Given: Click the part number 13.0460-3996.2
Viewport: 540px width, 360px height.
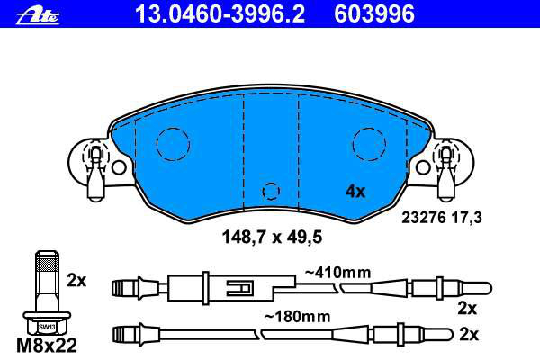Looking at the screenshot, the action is point(220,14).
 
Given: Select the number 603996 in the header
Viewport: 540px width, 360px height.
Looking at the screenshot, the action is point(374,14).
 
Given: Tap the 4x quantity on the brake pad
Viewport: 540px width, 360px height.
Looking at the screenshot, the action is point(355,191).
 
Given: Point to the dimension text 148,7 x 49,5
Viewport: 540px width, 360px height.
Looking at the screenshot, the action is point(272,237).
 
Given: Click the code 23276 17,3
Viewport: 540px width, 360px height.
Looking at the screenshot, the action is point(442,218).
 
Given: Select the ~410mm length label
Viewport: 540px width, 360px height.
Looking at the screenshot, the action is point(337,273).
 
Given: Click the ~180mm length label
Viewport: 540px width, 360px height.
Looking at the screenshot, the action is point(297,316).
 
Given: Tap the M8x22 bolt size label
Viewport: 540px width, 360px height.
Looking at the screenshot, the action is point(47,346).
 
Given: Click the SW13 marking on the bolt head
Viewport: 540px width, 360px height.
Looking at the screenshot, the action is point(47,327).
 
